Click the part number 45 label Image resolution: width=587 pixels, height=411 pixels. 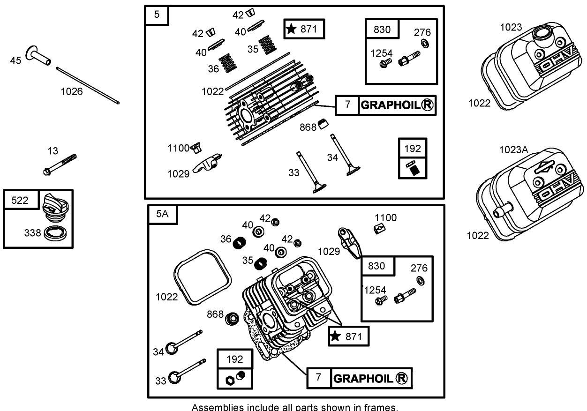[15, 60]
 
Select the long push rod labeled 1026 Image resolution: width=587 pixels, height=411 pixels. [88, 84]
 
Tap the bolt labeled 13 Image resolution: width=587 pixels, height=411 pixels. [60, 164]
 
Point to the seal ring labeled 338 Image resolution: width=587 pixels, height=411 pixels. [56, 233]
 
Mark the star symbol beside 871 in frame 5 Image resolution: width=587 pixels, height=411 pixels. [291, 29]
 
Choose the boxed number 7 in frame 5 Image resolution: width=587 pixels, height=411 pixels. [347, 105]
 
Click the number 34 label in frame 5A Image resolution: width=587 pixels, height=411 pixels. [158, 351]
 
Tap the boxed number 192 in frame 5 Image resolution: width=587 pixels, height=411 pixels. [413, 149]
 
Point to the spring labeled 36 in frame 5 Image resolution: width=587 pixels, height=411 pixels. [228, 63]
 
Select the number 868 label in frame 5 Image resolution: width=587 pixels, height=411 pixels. [308, 127]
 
